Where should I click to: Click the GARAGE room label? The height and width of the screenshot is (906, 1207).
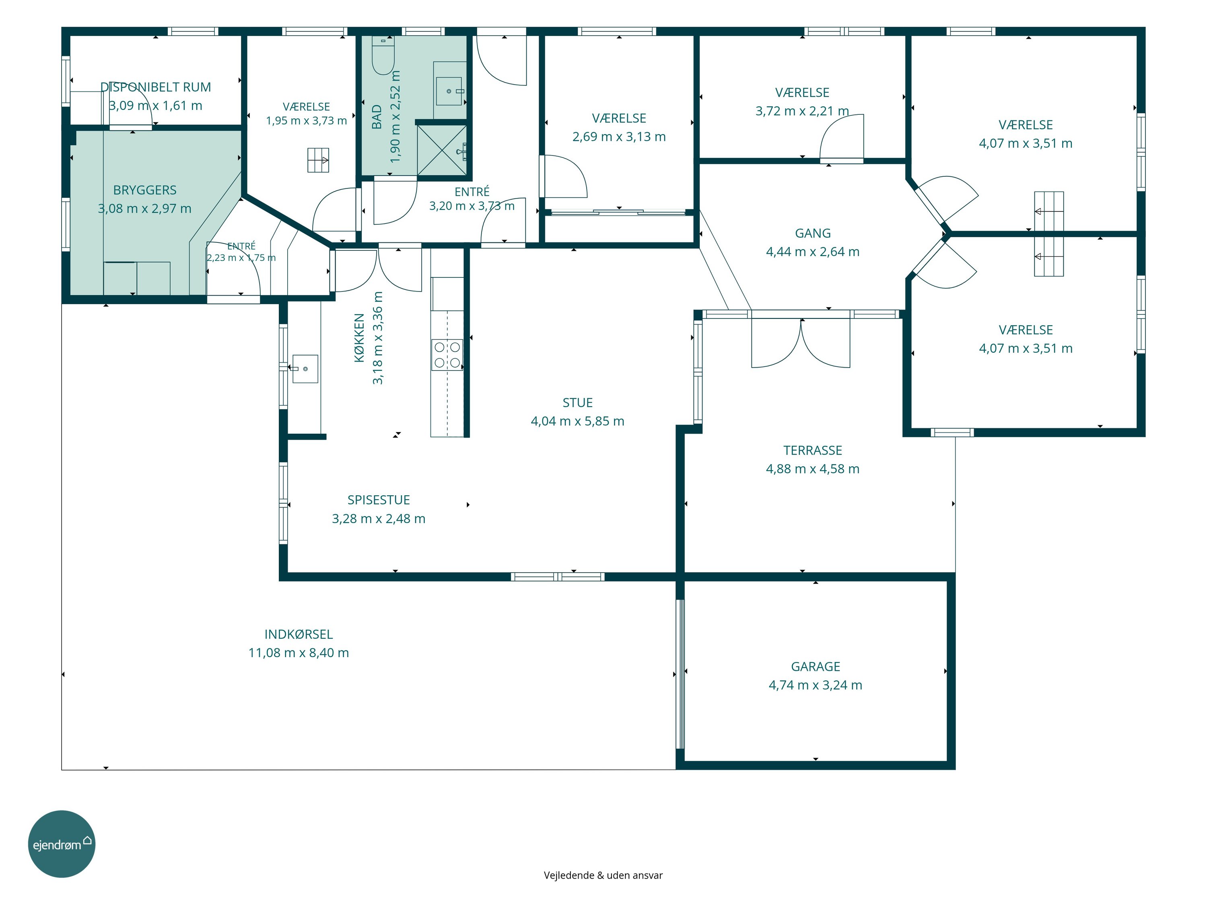tap(815, 666)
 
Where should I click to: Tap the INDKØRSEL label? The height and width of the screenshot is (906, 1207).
tap(299, 634)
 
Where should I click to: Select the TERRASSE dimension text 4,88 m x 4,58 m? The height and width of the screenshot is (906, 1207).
tap(812, 469)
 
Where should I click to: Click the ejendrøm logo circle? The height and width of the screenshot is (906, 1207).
tap(62, 844)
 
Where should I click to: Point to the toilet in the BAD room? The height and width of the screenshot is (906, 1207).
tap(383, 55)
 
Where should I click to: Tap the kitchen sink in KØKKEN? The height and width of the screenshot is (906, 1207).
tap(305, 368)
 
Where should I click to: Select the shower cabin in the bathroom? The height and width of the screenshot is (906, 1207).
tap(442, 150)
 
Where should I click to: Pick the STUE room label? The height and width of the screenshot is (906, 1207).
tap(577, 403)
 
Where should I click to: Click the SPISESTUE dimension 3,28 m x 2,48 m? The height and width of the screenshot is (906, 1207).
tap(379, 519)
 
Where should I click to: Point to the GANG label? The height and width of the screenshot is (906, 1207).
tap(812, 233)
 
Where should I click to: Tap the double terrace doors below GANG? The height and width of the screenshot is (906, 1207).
tap(801, 342)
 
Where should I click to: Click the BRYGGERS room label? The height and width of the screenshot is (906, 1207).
tap(144, 190)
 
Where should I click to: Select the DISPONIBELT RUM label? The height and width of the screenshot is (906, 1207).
tap(156, 87)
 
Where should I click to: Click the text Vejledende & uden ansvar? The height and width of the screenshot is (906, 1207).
tap(603, 875)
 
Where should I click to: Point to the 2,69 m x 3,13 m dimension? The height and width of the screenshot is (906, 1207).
tap(619, 137)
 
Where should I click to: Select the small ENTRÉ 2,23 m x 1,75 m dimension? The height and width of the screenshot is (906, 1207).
tap(241, 258)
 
